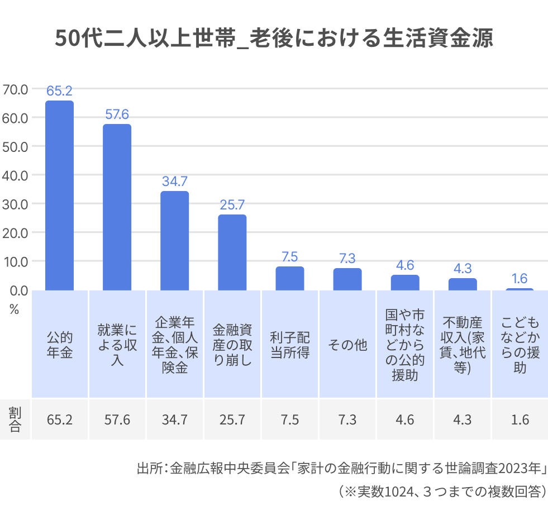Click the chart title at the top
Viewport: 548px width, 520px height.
[274, 39]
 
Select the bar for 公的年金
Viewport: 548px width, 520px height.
[59, 195]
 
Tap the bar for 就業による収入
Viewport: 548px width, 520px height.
[117, 207]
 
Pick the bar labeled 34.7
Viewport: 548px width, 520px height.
[175, 240]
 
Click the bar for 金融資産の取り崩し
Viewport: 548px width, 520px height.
[232, 252]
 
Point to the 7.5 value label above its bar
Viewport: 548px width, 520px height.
[290, 257]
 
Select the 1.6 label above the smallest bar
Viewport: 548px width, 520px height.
[520, 279]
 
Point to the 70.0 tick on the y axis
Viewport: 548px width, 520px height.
[15, 89]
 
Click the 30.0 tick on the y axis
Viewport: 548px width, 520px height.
[15, 204]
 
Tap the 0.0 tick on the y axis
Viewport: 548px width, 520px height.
[17, 290]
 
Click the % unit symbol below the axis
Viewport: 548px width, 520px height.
[14, 310]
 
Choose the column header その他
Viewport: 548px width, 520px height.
[347, 345]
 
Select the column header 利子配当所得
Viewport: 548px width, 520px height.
[290, 345]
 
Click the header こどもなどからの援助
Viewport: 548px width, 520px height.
[520, 345]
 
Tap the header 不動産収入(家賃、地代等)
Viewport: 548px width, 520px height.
[463, 345]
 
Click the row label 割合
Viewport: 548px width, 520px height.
[15, 419]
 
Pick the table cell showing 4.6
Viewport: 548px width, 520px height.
[405, 419]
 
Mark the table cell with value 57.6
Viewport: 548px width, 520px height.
[117, 419]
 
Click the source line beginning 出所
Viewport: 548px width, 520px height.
[341, 467]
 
